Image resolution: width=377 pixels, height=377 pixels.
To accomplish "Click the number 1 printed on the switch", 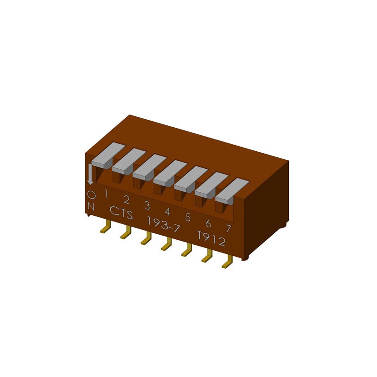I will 106,193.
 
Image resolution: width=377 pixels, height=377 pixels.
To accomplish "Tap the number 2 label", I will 126,199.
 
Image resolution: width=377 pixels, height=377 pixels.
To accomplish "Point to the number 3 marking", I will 147,205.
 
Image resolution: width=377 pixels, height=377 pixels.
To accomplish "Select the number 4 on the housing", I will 167,211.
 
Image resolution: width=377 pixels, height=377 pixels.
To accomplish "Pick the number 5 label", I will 188,217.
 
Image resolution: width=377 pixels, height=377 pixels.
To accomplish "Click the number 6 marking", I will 208,223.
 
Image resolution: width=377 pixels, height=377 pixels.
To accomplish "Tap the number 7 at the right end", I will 228,229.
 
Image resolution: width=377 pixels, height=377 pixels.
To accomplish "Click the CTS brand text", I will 121,213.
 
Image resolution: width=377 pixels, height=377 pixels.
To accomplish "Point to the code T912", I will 211,240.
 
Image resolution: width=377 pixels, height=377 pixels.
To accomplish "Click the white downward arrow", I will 91,176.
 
